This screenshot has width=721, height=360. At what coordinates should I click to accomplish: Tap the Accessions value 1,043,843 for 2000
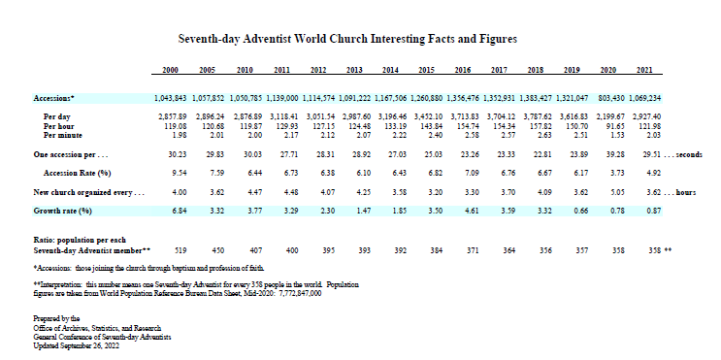[170, 99]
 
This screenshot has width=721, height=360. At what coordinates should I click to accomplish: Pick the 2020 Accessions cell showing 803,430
[609, 99]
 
